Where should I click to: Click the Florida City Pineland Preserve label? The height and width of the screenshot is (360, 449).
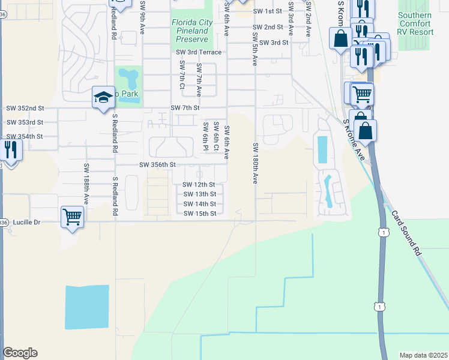[192, 30]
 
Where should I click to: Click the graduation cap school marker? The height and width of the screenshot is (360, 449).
[103, 97]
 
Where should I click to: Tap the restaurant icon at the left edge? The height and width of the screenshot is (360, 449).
[10, 149]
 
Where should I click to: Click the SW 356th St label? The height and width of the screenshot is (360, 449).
[157, 164]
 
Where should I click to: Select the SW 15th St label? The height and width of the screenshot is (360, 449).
[199, 214]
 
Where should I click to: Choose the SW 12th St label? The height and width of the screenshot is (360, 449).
[199, 185]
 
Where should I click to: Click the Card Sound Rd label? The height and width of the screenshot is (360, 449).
[406, 233]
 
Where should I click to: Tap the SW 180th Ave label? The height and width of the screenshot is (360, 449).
[255, 163]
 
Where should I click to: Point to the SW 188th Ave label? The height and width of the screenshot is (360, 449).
[86, 184]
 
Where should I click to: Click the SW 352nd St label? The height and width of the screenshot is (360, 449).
[25, 109]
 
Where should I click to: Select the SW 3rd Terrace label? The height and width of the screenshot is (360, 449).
[199, 53]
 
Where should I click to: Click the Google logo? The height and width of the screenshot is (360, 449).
[20, 353]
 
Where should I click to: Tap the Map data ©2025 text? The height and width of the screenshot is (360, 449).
[423, 355]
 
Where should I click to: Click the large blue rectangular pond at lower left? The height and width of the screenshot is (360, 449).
[87, 307]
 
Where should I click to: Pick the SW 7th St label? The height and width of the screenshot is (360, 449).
[184, 107]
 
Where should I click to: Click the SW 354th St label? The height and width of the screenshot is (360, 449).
[25, 137]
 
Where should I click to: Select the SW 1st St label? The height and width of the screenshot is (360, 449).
[267, 11]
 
